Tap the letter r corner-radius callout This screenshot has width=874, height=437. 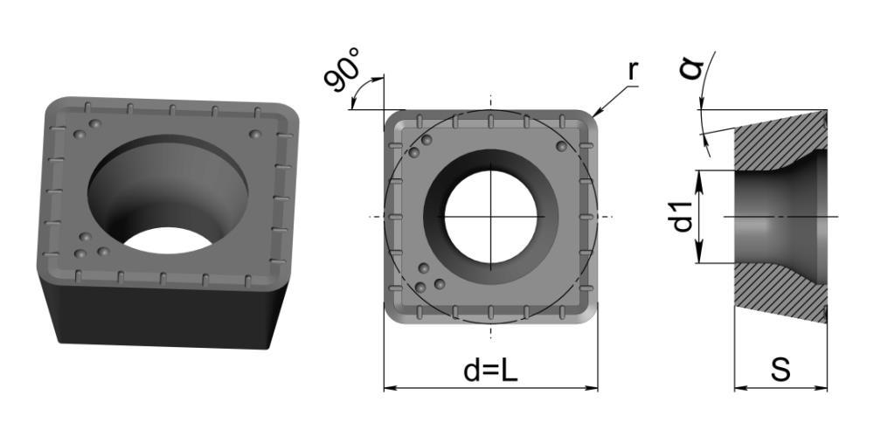point(633,71)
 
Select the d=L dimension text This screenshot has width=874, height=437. point(490,370)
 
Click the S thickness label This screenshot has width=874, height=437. point(780,370)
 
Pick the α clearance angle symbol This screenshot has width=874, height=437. point(691,68)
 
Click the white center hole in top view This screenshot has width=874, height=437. point(490,217)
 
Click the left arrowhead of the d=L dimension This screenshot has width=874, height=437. point(390,388)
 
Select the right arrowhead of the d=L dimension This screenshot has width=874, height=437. point(592,388)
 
